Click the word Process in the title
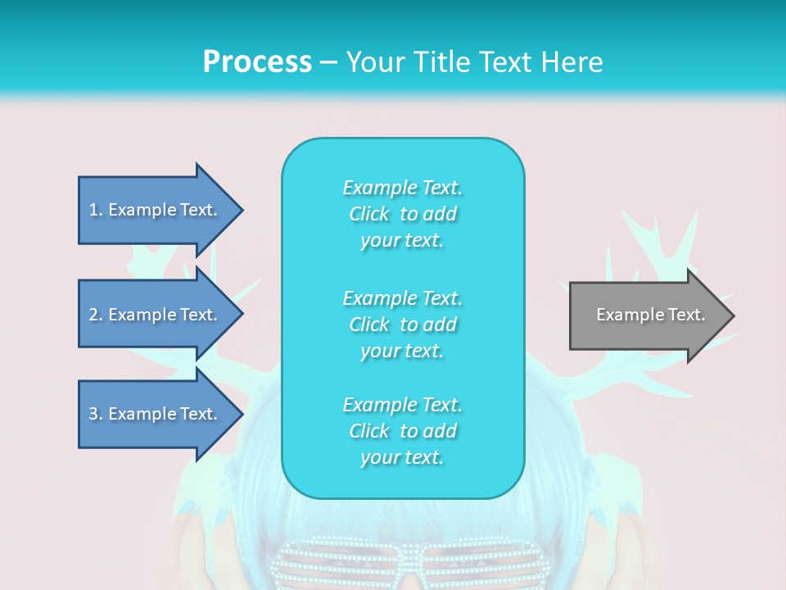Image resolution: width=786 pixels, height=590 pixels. (x=257, y=62)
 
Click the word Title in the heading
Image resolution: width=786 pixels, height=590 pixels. (x=444, y=62)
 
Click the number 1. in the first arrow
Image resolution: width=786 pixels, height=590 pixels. (x=96, y=210)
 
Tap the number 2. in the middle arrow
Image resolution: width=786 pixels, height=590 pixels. (x=96, y=315)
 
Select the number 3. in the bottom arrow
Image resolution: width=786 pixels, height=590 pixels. (x=96, y=414)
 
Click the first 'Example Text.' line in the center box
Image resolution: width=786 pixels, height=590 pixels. (x=402, y=188)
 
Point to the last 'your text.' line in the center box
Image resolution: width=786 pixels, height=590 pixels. (x=402, y=457)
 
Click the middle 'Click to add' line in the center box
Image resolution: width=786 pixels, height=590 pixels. (x=402, y=324)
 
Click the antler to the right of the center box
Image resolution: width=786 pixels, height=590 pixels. (x=655, y=246)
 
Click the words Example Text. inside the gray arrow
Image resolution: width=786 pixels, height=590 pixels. (x=650, y=315)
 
